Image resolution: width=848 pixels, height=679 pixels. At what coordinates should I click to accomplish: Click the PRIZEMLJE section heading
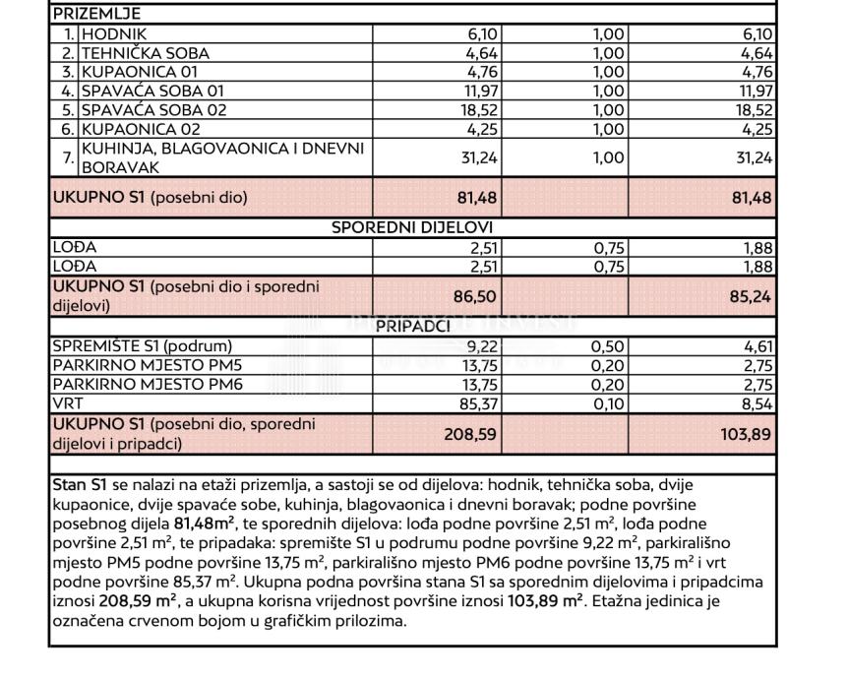(x=96, y=14)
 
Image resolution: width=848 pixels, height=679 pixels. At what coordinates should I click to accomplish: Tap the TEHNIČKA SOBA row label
(x=146, y=53)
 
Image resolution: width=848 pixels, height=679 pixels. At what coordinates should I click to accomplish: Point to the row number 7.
(x=66, y=156)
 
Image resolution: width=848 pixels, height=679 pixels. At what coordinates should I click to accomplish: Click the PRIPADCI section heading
(x=414, y=328)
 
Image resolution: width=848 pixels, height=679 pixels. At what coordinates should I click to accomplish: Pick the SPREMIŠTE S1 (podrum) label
(x=143, y=345)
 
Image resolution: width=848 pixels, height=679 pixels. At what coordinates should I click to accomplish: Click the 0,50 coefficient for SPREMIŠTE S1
(x=608, y=345)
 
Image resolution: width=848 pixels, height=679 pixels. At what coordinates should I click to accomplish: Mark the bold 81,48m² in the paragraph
(x=204, y=523)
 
